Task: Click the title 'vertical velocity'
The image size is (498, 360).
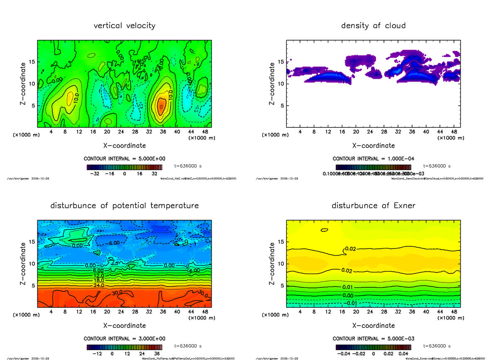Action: [x=124, y=26]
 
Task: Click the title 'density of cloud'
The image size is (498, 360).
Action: [x=373, y=26]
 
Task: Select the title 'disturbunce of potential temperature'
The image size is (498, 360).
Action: [x=124, y=206]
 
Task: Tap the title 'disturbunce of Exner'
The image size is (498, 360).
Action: [x=373, y=206]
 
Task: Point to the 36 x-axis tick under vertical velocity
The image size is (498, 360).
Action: [x=163, y=132]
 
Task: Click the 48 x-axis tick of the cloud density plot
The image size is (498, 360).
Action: [x=454, y=132]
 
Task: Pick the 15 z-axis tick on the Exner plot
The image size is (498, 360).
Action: [x=281, y=242]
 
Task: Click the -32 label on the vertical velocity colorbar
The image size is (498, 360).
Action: [x=98, y=174]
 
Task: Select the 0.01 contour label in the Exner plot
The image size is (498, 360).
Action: [x=348, y=287]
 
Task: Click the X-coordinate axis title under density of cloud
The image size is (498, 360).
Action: [x=373, y=146]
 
